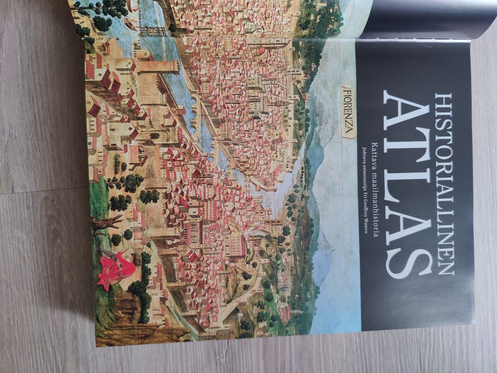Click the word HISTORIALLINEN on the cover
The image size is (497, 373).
point(444,184)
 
